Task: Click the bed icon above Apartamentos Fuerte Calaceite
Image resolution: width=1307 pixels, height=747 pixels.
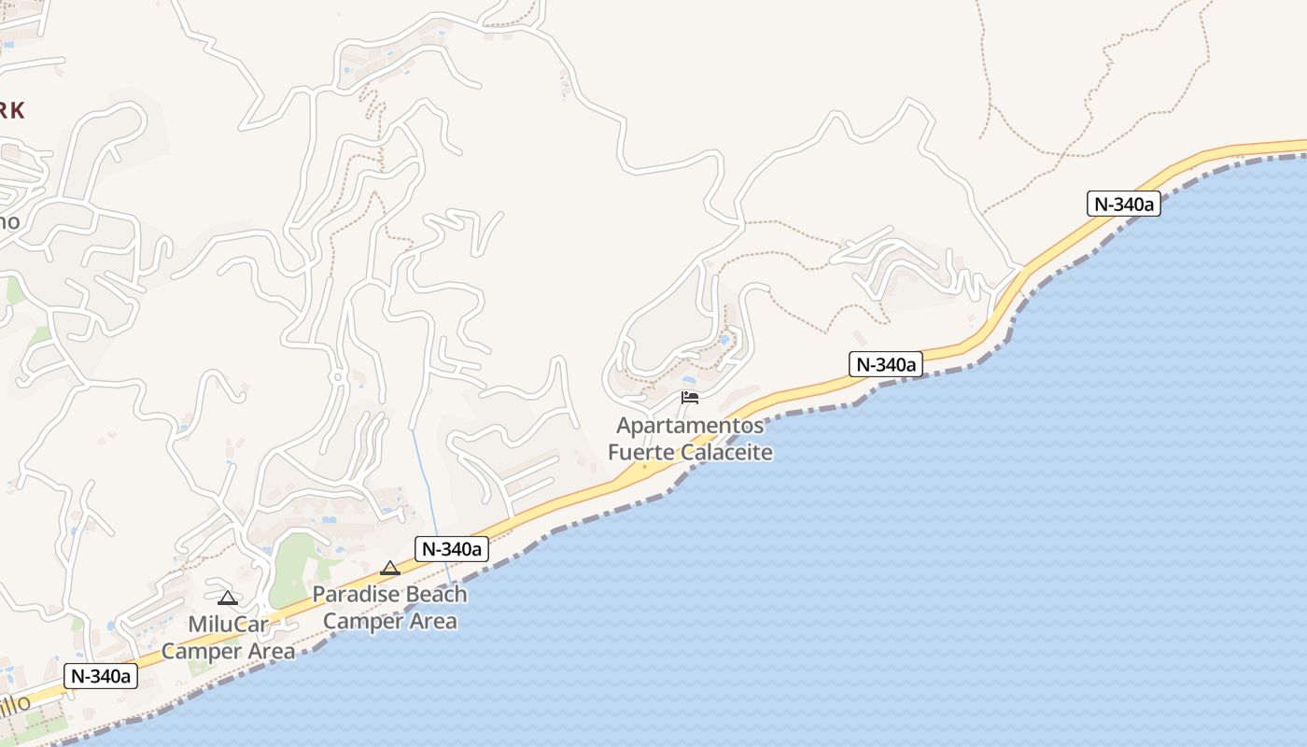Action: [690, 398]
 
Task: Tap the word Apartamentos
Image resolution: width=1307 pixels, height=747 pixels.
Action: [690, 427]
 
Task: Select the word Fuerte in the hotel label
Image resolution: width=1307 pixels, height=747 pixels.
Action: [642, 453]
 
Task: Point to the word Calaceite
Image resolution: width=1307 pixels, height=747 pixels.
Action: [726, 453]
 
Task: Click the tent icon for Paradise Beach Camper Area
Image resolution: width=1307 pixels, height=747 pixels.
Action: [390, 568]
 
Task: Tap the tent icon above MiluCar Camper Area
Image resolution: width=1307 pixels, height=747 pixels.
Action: [227, 598]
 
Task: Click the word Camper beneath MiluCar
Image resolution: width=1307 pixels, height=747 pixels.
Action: [198, 651]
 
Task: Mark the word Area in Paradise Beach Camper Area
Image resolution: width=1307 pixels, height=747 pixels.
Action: [430, 621]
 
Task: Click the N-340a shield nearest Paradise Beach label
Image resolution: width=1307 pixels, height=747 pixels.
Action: [452, 549]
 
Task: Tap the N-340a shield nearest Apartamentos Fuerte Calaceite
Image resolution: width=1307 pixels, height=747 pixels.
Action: [885, 364]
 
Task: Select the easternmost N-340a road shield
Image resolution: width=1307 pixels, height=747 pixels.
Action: [1123, 204]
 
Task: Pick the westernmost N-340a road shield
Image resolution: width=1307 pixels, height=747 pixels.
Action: [101, 676]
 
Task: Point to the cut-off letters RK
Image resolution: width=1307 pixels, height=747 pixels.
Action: [11, 110]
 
